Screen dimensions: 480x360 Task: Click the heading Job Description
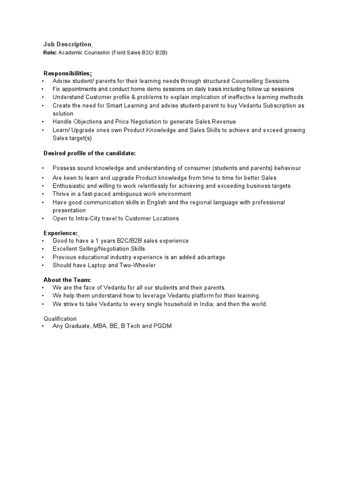tap(67, 45)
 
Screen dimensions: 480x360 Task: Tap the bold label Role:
tap(50, 53)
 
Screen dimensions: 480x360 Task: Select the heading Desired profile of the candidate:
tap(89, 153)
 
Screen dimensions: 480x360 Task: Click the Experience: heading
tap(60, 233)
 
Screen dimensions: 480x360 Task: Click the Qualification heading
tap(60, 319)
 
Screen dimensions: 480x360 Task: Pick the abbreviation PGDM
tap(163, 326)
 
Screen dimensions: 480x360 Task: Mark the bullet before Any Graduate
tap(43, 326)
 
